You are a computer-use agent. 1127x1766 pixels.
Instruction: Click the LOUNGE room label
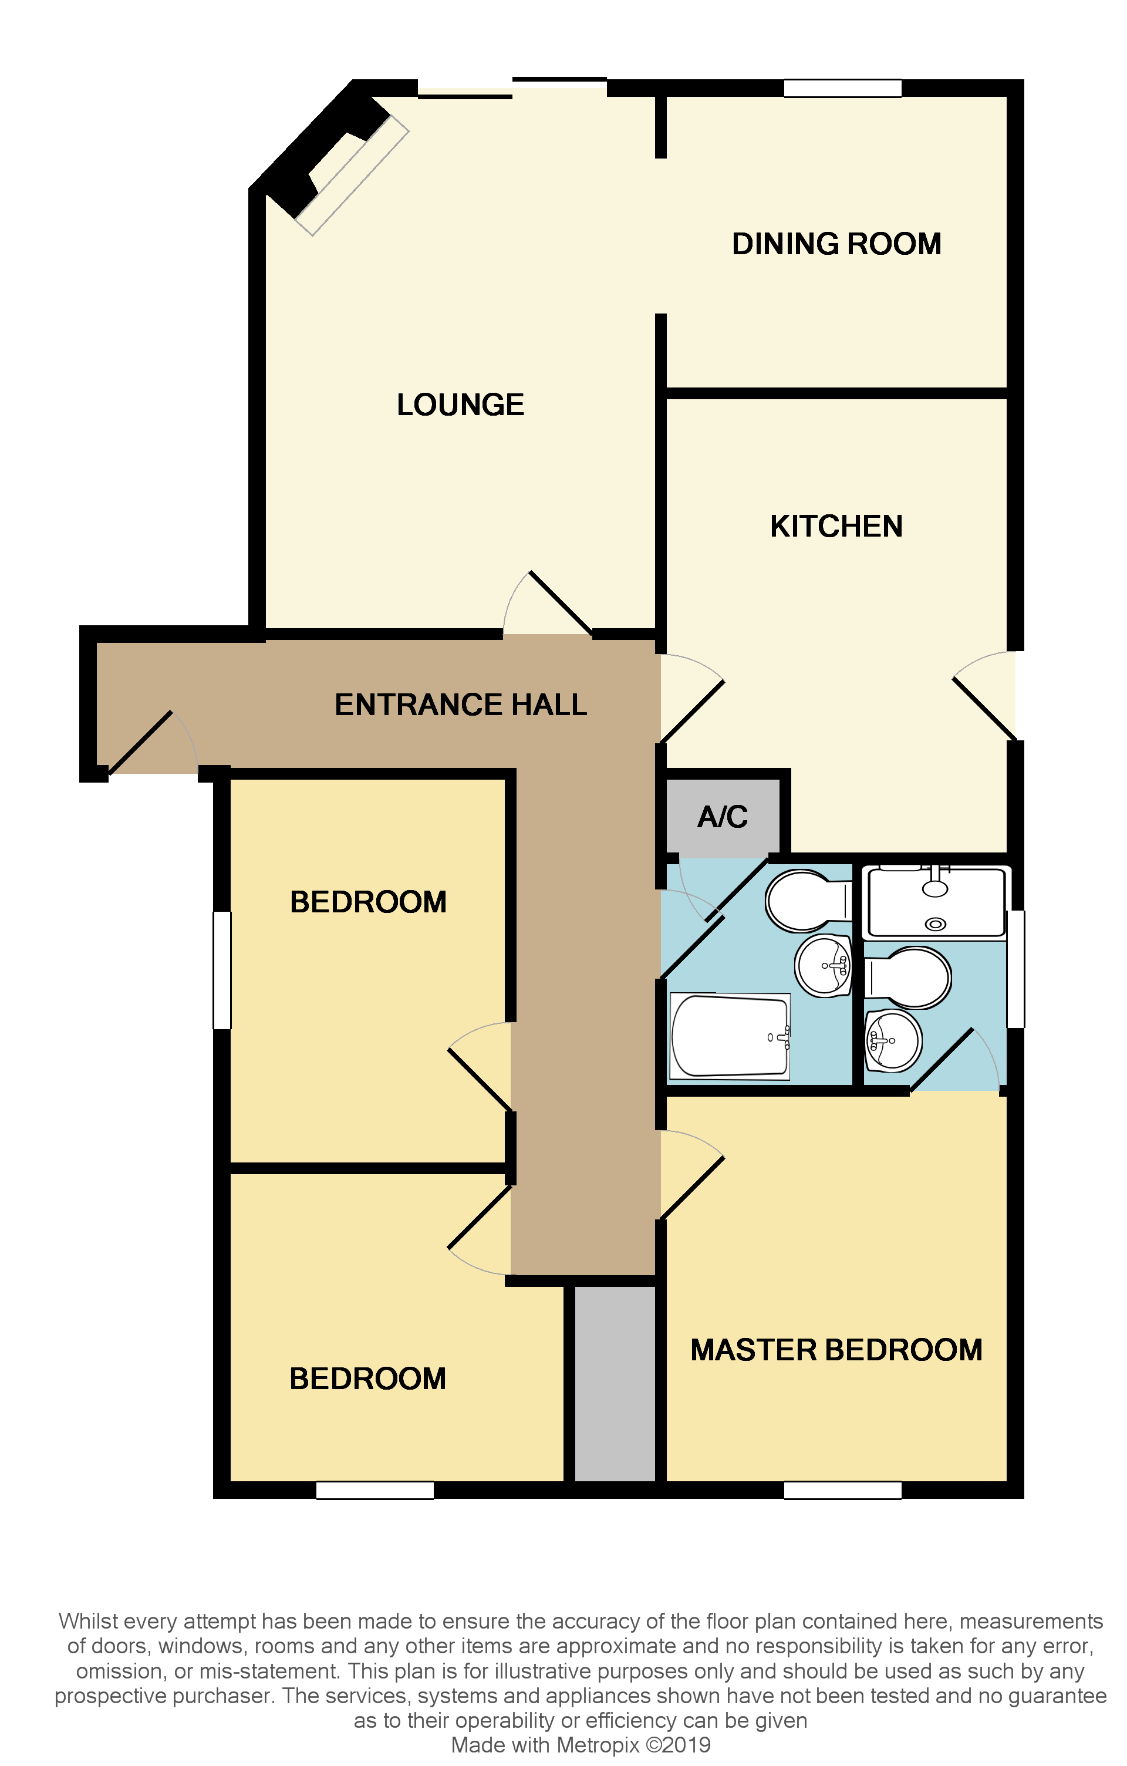click(x=460, y=405)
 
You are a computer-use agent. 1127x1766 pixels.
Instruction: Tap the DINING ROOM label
click(x=836, y=244)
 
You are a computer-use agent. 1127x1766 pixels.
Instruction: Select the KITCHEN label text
click(x=836, y=527)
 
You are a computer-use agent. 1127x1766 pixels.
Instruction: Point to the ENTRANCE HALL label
click(x=460, y=705)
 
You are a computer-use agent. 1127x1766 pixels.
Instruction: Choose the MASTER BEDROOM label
click(x=836, y=1350)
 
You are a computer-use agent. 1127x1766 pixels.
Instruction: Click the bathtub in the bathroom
click(x=730, y=1036)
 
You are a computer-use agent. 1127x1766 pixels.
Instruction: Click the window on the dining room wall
click(x=842, y=89)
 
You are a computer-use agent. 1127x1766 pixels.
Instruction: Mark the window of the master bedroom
click(x=842, y=1490)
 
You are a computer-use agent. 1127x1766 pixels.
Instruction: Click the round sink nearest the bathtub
click(x=824, y=966)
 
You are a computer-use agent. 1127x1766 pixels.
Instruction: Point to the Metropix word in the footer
click(x=598, y=1745)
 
